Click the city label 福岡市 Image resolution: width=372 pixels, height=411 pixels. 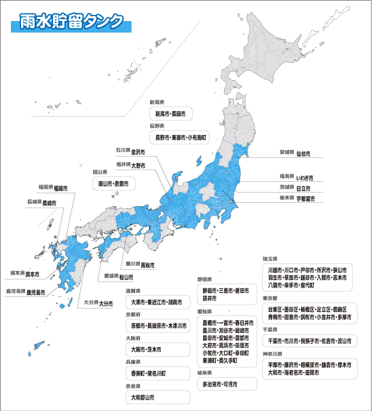60,187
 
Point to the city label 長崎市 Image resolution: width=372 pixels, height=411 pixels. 50,203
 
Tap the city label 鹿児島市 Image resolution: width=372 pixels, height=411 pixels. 36,292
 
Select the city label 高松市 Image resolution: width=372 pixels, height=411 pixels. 147,265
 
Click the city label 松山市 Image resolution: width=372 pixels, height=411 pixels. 126,277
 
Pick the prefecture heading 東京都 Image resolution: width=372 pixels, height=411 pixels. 270,298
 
